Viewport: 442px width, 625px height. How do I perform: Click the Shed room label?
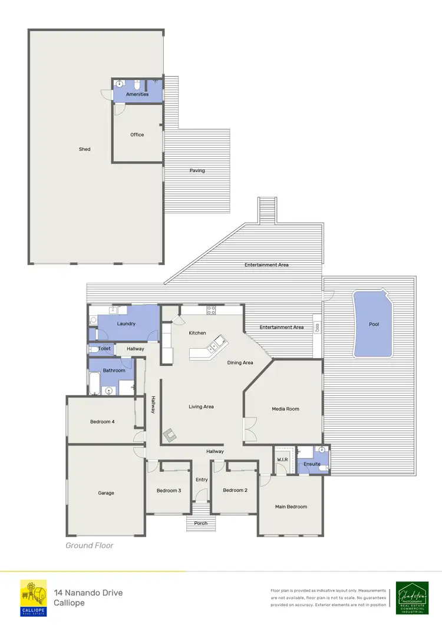tap(85, 150)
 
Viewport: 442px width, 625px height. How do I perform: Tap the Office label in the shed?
tap(137, 135)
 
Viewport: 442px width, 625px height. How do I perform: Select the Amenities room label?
tap(137, 94)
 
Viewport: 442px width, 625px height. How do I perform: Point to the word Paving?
tap(197, 171)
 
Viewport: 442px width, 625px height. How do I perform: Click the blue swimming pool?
tap(373, 323)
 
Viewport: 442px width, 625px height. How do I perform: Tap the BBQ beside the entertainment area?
tap(317, 328)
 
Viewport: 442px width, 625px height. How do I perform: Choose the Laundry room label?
tap(127, 323)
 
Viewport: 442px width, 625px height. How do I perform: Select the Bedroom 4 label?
tap(103, 422)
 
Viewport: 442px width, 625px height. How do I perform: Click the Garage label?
tap(106, 493)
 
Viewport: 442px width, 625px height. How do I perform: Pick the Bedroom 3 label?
tap(169, 490)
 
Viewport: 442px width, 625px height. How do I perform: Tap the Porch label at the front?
tap(201, 523)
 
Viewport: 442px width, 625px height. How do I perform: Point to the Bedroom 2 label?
tap(234, 490)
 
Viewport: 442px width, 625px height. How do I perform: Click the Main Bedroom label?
tap(291, 507)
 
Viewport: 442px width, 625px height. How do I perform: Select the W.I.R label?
tap(282, 459)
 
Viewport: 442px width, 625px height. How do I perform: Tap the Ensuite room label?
tap(312, 464)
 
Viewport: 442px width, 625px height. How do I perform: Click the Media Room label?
tap(285, 409)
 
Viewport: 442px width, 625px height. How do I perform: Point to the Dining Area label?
tap(240, 363)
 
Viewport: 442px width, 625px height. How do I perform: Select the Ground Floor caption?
tap(90, 545)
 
